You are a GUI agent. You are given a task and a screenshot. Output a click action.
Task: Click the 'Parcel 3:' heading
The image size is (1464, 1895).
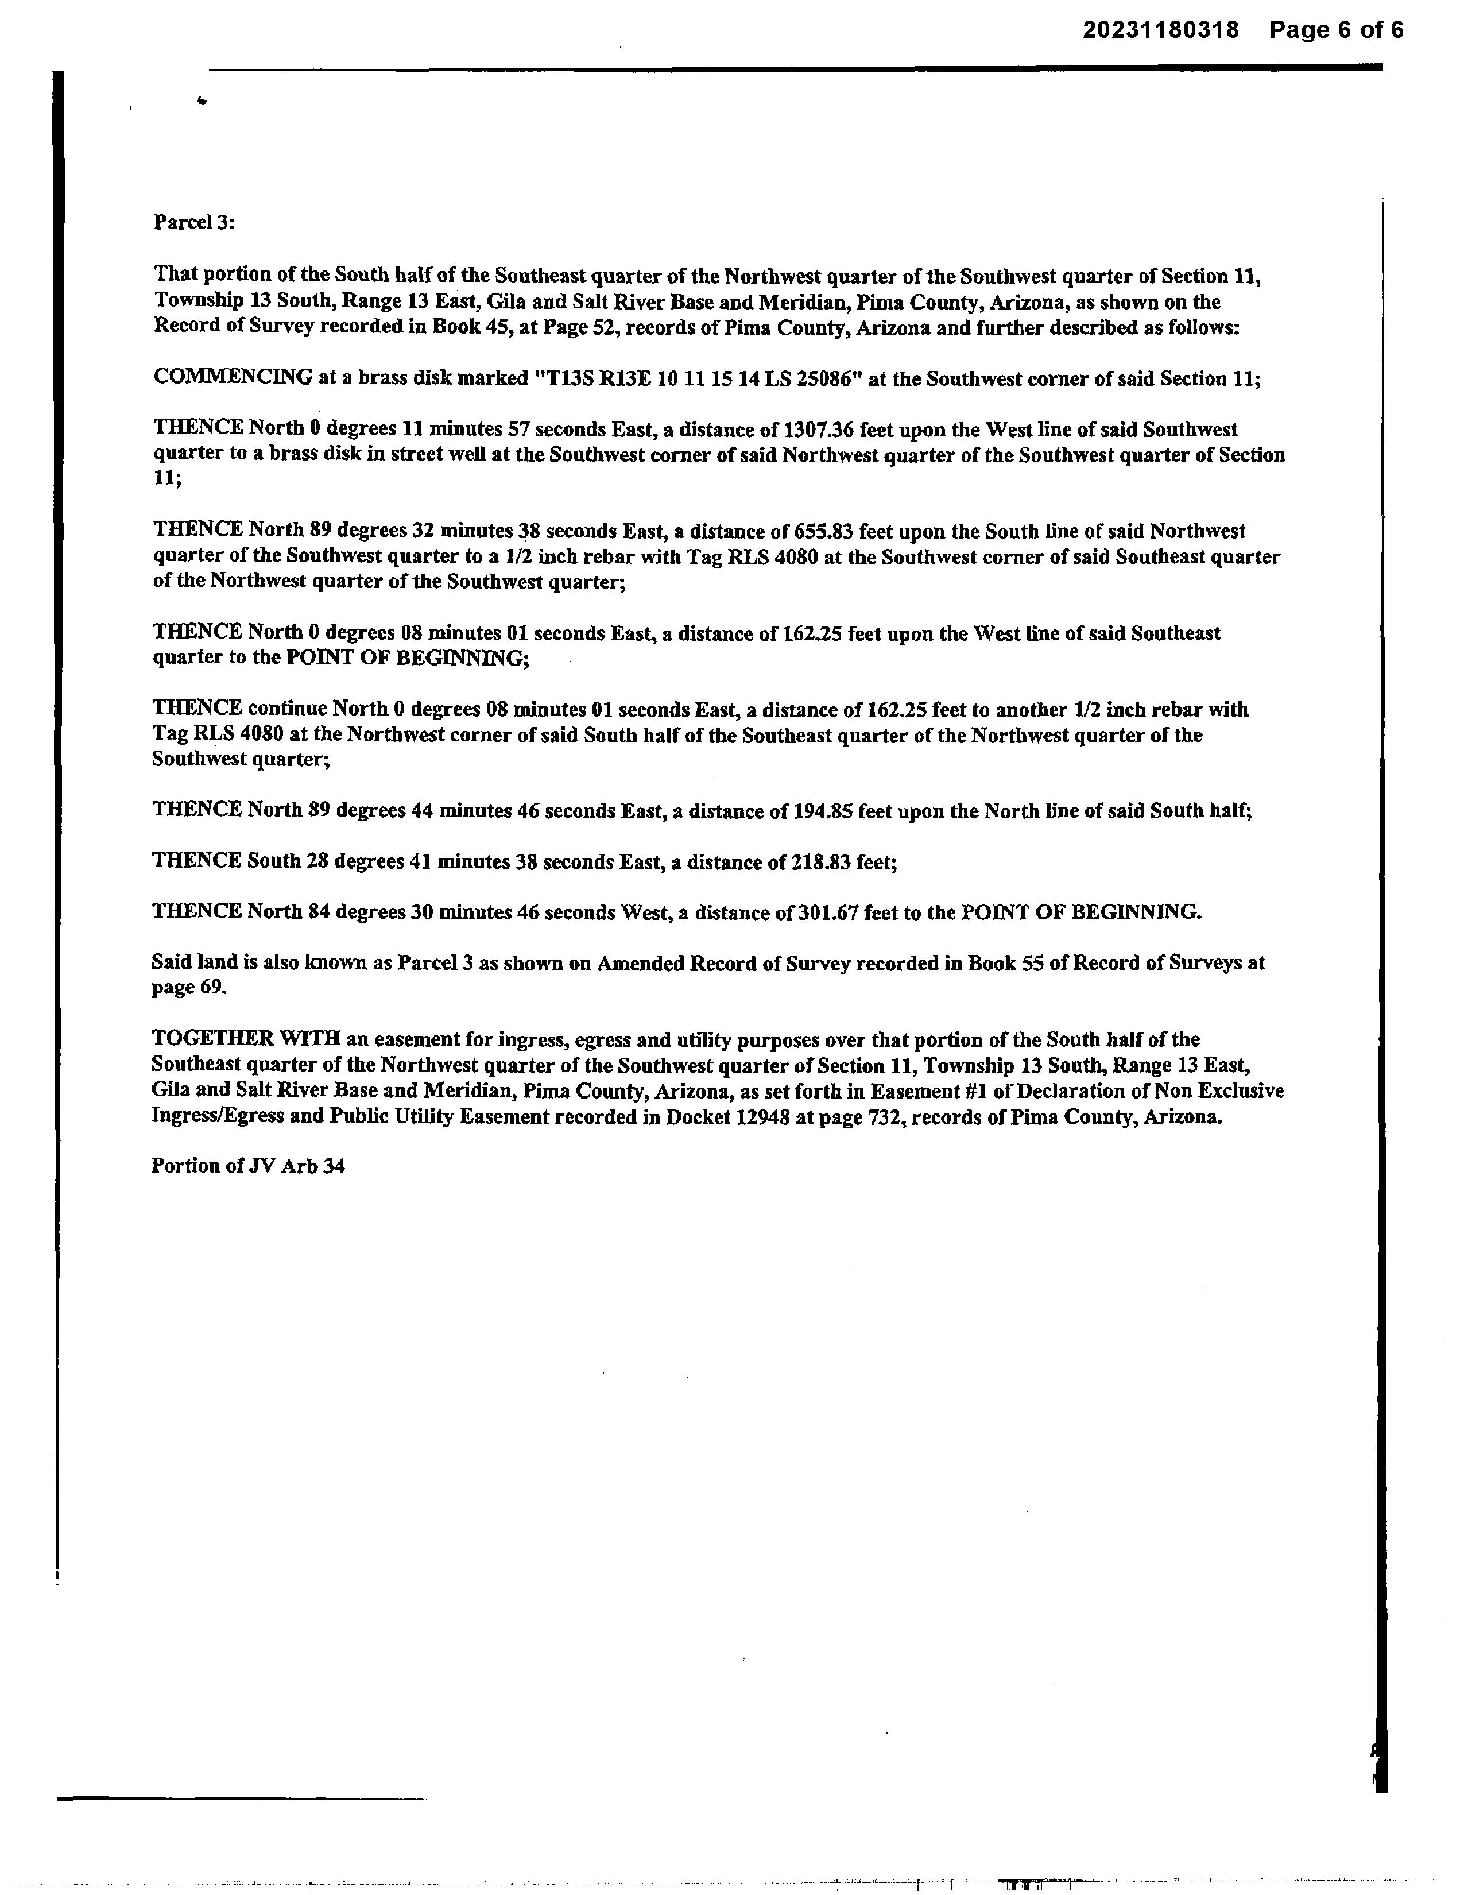[194, 222]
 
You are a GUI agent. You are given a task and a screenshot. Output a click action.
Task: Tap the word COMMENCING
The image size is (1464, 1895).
[233, 377]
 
